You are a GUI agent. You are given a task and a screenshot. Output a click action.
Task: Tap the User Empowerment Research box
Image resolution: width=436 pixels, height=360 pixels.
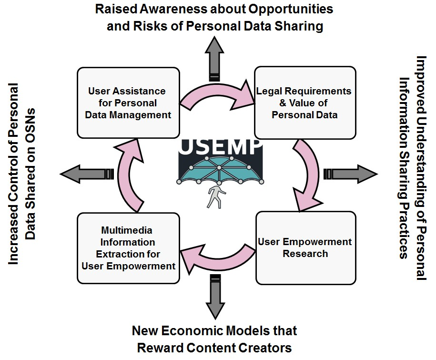coord(305,247)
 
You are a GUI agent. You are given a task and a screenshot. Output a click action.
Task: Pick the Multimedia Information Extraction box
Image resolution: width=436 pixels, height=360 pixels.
coord(128,247)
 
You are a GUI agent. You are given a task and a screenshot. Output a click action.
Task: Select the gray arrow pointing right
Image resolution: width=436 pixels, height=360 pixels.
coord(350,173)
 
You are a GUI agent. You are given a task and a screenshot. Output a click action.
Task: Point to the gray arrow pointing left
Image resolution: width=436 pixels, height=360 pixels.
coord(86,173)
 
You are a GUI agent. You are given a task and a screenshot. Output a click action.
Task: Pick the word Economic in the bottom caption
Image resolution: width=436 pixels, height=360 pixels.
coord(195,330)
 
